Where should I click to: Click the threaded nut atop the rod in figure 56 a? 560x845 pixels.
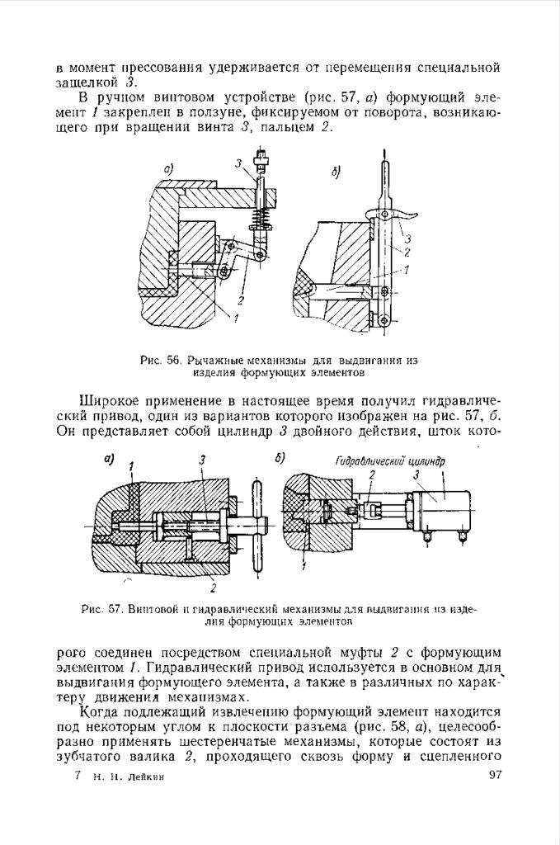[x=261, y=154]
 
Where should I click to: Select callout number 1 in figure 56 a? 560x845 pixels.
[x=237, y=317]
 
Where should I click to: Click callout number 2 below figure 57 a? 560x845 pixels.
[x=214, y=588]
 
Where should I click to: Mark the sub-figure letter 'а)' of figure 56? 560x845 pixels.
[x=170, y=170]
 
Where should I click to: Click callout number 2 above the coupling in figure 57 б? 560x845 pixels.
[x=372, y=475]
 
